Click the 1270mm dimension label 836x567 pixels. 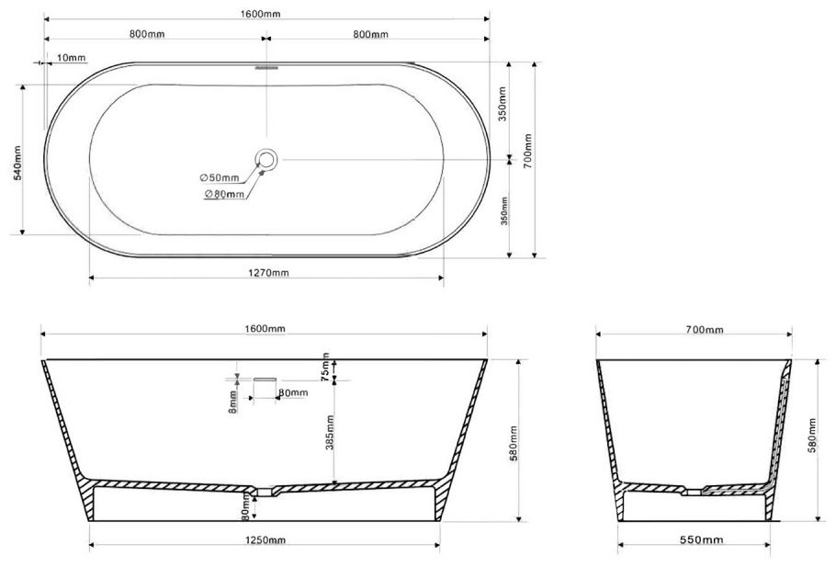point(268,273)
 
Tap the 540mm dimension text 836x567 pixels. point(17,163)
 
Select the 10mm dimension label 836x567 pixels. point(71,58)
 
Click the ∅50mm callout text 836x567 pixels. point(220,177)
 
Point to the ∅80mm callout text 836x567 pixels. point(224,194)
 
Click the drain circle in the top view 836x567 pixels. point(266,160)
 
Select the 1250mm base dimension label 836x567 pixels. point(265,540)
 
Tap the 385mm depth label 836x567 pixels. point(330,433)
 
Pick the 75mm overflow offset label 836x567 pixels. point(326,367)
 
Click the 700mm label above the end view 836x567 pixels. point(705,330)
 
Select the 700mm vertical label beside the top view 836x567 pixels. point(527,151)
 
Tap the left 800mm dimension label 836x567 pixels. point(147,34)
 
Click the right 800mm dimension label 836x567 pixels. point(370,35)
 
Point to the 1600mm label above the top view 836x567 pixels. point(260,14)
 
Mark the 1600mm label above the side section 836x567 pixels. point(265,329)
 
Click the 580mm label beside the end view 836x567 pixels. point(812,436)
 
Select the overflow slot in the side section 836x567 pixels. point(265,380)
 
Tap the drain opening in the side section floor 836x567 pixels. point(264,492)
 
